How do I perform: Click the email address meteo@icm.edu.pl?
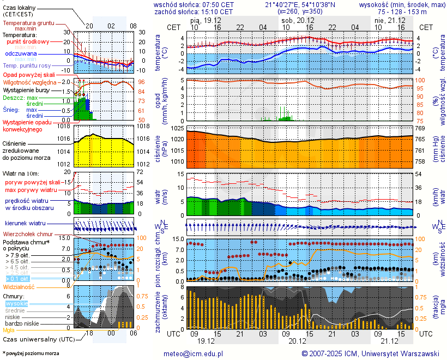pyautogui.click(x=194, y=353)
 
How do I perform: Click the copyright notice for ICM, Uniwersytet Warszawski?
pyautogui.click(x=370, y=353)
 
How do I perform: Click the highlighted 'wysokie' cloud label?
pyautogui.click(x=16, y=303)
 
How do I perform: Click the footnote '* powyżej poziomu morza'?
pyautogui.click(x=31, y=353)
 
